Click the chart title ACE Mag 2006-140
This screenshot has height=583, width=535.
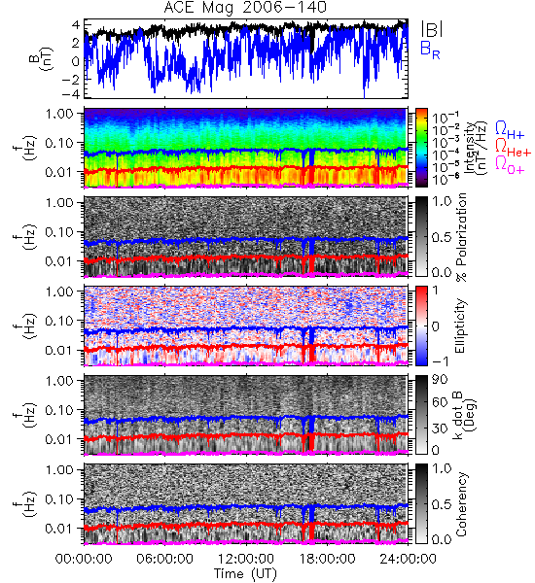(x=245, y=8)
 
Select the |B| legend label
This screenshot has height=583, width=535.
(x=432, y=29)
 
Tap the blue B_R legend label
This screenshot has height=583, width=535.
(x=430, y=50)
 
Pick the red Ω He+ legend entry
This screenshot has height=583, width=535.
(x=513, y=147)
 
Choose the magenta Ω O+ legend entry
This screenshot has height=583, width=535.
(x=510, y=164)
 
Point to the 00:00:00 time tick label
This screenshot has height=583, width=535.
(x=84, y=559)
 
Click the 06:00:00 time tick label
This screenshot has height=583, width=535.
(x=164, y=559)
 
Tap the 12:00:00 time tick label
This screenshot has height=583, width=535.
(x=246, y=559)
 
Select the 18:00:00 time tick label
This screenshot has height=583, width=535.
(x=327, y=559)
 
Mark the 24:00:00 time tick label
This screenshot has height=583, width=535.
(x=408, y=559)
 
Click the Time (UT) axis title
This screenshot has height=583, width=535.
(x=245, y=574)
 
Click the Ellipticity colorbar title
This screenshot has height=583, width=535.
(x=460, y=326)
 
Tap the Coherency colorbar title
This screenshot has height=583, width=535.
(x=461, y=504)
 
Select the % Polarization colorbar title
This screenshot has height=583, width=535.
(x=461, y=237)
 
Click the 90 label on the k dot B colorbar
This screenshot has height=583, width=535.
(x=439, y=380)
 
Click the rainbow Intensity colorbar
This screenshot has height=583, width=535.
(x=421, y=148)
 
